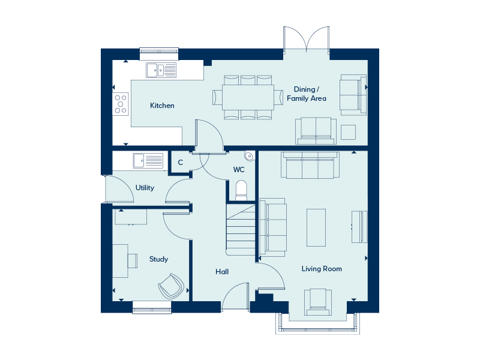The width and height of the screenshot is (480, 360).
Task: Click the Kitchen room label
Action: click(x=162, y=106)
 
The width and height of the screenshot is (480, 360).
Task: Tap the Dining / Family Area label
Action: click(x=307, y=94)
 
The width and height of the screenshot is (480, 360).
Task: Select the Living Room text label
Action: click(x=322, y=269)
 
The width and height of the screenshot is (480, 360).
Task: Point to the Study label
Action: click(x=158, y=259)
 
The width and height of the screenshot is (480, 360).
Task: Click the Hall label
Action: click(x=222, y=272)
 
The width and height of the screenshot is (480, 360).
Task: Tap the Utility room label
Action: click(x=145, y=188)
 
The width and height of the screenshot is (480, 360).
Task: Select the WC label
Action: click(x=239, y=170)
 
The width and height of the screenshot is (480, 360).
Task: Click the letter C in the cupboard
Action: click(x=181, y=162)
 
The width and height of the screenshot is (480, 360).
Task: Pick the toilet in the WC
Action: click(x=241, y=190)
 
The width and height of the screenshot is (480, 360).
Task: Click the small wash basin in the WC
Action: click(x=250, y=156)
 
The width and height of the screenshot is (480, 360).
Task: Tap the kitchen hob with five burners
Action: click(x=121, y=104)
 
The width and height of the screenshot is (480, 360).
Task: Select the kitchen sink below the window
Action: click(x=161, y=70)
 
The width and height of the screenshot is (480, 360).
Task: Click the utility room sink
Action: click(x=148, y=161)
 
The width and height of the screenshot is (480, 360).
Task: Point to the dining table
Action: click(x=248, y=97)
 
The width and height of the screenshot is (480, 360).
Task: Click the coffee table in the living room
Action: click(x=316, y=227)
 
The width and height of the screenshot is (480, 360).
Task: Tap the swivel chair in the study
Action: click(x=171, y=286)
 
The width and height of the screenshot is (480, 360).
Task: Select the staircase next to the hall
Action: click(x=241, y=230)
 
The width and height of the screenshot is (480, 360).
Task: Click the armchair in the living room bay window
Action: click(x=318, y=302)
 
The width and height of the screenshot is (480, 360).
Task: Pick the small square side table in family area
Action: click(x=349, y=132)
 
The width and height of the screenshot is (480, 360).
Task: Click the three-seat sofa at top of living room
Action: click(x=310, y=165)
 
